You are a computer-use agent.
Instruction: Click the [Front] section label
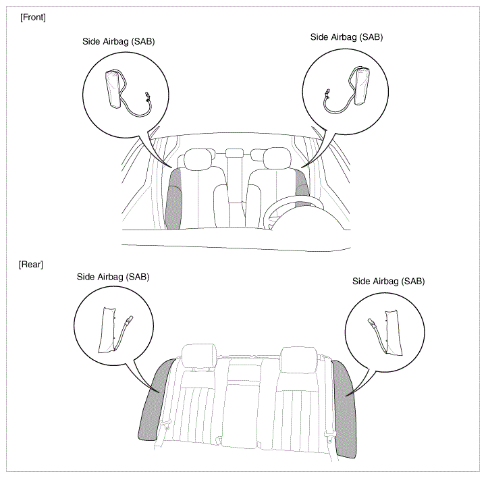33,18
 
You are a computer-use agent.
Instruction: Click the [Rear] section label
30,265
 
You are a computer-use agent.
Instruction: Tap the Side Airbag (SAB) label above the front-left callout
118,42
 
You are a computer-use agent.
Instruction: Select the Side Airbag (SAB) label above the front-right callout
346,37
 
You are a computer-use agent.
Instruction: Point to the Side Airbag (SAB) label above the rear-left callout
113,277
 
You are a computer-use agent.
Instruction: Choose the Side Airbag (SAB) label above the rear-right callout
388,281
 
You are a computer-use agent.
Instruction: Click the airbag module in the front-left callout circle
114,88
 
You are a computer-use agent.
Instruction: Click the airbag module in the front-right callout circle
362,85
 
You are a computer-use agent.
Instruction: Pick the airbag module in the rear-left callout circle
107,329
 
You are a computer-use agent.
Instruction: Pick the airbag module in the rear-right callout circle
394,333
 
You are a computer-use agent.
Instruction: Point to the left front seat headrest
198,159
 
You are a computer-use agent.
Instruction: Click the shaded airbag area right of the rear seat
345,409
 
